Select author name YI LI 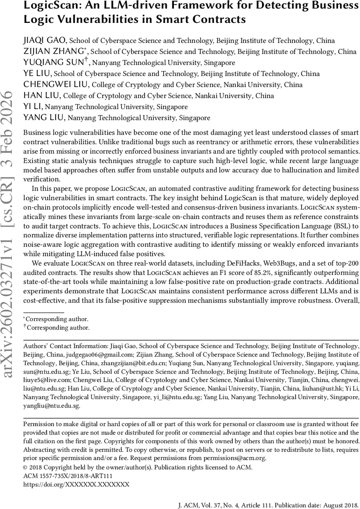(33, 107)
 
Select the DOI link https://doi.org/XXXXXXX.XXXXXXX (76, 484)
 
